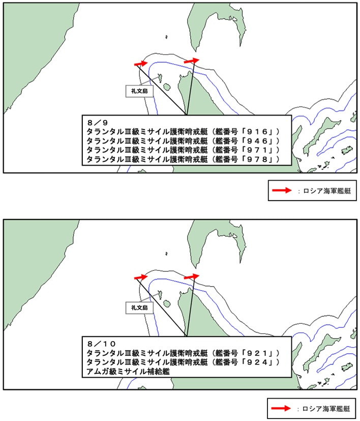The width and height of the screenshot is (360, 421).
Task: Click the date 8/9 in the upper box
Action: [98, 123]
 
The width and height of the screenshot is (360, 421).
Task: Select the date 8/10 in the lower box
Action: [101, 344]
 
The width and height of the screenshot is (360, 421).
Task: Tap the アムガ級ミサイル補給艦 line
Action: [128, 371]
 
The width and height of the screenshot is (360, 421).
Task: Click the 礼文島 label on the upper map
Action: [139, 91]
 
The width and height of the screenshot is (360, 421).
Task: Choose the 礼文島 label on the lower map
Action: [139, 307]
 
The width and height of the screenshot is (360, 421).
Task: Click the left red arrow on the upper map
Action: [141, 63]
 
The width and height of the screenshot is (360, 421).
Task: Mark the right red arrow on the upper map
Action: [192, 61]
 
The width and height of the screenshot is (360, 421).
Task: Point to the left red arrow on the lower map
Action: [141, 277]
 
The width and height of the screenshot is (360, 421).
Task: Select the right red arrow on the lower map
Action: [192, 276]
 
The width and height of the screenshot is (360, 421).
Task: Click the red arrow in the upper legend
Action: [282, 190]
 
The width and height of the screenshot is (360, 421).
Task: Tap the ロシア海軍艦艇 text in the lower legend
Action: [326, 409]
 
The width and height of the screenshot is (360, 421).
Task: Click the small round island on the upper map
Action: [167, 87]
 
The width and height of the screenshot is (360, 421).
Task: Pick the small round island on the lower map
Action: [167, 304]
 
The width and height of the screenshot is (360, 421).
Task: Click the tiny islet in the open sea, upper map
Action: [167, 37]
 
